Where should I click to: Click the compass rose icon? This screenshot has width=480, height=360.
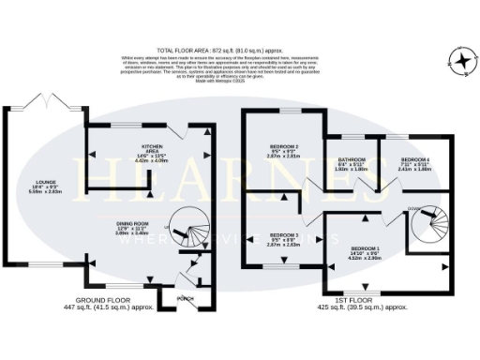coord(462,62)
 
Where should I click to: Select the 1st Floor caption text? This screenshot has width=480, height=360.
coord(370,303)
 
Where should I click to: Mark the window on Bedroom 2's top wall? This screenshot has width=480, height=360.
coord(282,111)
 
